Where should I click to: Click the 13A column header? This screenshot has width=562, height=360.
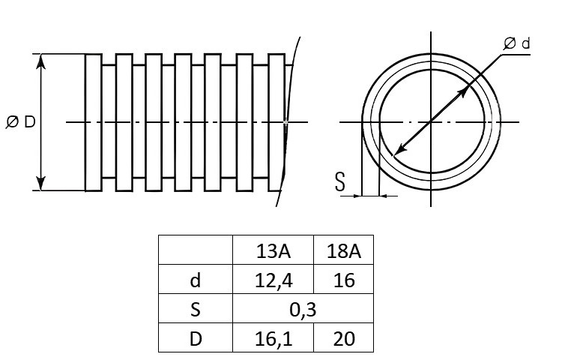point(273,251)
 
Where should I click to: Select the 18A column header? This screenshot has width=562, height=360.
point(343,251)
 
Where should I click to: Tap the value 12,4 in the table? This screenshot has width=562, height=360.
point(274,280)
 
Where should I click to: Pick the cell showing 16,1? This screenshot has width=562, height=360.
point(274,339)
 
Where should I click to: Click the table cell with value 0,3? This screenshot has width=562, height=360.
point(303,310)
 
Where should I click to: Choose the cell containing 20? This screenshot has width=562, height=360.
point(344,339)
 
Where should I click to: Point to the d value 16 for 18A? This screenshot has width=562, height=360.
point(344,280)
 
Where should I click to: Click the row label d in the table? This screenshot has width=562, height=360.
point(196,280)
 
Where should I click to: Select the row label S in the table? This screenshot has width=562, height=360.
point(196,310)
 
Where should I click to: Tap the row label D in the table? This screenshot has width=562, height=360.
point(196,339)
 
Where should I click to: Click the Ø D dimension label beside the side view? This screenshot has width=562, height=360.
point(21,122)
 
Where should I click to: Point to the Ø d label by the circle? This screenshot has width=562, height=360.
point(516,43)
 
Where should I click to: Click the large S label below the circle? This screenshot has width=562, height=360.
point(340,181)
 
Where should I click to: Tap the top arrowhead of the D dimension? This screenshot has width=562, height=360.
point(41,61)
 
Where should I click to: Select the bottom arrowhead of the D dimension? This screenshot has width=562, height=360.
point(41,183)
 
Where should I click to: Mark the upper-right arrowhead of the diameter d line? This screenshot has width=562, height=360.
point(464,91)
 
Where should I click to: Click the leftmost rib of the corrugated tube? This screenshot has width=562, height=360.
point(94,123)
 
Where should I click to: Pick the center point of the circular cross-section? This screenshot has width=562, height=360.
point(431,122)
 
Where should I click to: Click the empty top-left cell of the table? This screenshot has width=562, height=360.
point(196,250)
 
